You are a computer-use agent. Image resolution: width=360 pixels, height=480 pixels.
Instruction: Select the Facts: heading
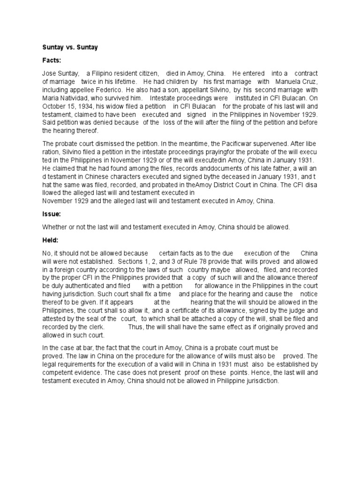click(52, 60)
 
